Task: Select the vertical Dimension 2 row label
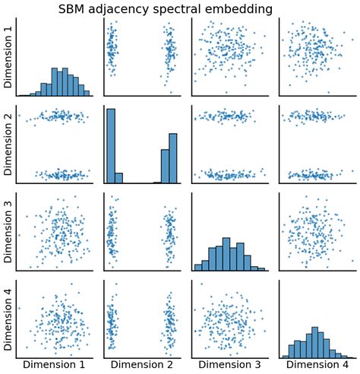point(8,146)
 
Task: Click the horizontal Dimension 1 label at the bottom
point(57,366)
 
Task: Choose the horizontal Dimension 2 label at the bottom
point(144,366)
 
